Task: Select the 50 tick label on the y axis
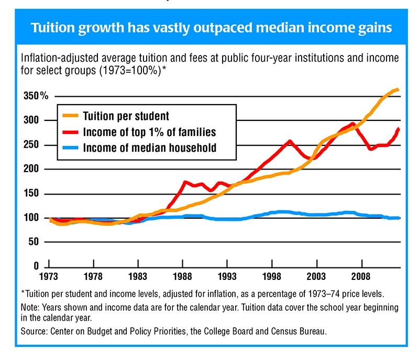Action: point(35,242)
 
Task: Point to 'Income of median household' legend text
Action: point(149,148)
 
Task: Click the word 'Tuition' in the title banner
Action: point(57,27)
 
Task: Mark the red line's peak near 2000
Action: point(290,141)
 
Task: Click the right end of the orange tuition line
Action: point(398,89)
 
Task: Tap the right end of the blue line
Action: point(399,217)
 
